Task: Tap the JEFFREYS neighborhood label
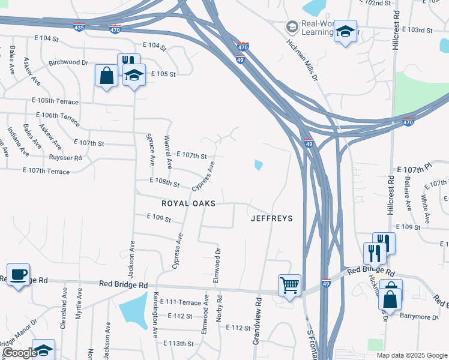coord(271,218)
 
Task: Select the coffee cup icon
coord(18,275)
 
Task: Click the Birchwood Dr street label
coord(68,62)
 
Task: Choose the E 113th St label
coord(178,344)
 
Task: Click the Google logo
coord(19,353)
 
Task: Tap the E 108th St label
coord(164,181)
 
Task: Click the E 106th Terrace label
coord(58,116)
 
